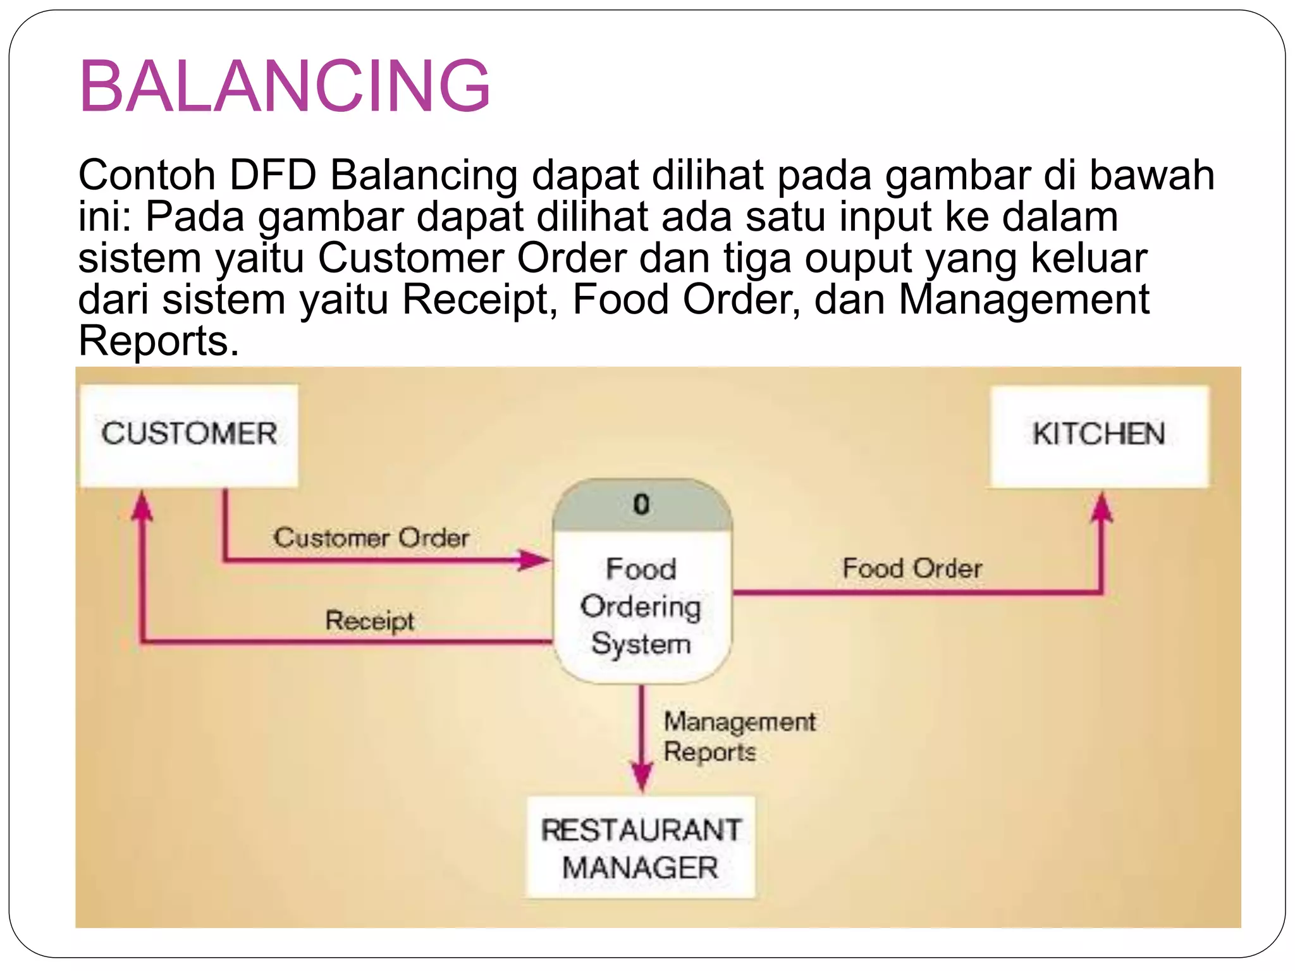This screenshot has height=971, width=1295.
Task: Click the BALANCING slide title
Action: click(285, 87)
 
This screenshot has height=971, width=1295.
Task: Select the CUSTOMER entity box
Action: click(188, 434)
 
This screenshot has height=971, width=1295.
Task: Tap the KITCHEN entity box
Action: click(1099, 434)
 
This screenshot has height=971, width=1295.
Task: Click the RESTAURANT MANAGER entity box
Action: click(641, 848)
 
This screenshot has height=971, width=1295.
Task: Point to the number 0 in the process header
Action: click(641, 504)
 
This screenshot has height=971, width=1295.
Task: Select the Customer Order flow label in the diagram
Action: click(371, 538)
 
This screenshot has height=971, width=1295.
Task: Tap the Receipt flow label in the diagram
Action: click(370, 620)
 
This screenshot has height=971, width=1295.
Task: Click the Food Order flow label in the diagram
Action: click(912, 568)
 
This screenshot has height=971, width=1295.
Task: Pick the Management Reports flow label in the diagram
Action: click(739, 736)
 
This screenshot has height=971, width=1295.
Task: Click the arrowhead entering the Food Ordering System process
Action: click(534, 559)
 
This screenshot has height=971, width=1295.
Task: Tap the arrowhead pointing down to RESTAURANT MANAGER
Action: click(642, 775)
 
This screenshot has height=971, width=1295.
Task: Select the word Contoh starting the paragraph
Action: click(147, 175)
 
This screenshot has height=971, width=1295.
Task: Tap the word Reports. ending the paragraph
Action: click(159, 341)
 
